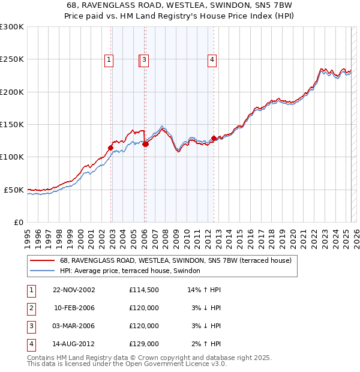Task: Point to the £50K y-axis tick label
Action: pos(13,190)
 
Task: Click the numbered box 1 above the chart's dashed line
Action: pos(109,59)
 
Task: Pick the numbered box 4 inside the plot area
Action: pos(212,59)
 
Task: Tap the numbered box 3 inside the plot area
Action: pos(146,59)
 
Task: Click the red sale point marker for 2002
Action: pos(111,147)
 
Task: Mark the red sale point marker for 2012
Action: pos(214,138)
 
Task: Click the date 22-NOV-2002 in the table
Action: pos(74,290)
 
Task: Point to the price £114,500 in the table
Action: pos(144,290)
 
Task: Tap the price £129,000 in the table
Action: pos(144,344)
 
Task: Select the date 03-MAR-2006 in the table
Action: pos(74,326)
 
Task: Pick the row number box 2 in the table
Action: pos(30,308)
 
